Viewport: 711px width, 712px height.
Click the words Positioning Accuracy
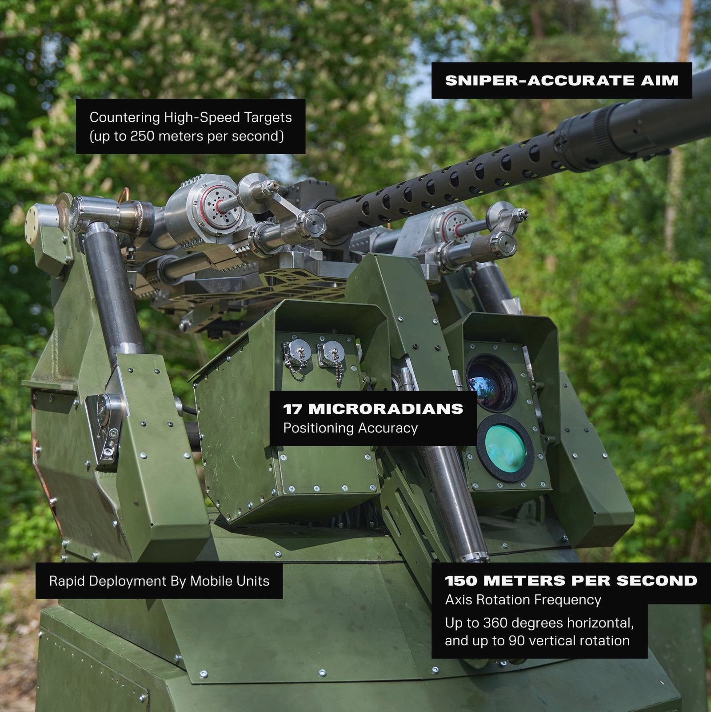pos(351,428)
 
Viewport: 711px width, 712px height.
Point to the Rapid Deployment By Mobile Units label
pos(159,581)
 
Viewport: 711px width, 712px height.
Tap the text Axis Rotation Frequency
pos(523,600)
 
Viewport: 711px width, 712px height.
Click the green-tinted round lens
pos(505,448)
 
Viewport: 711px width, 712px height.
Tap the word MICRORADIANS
pos(385,408)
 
